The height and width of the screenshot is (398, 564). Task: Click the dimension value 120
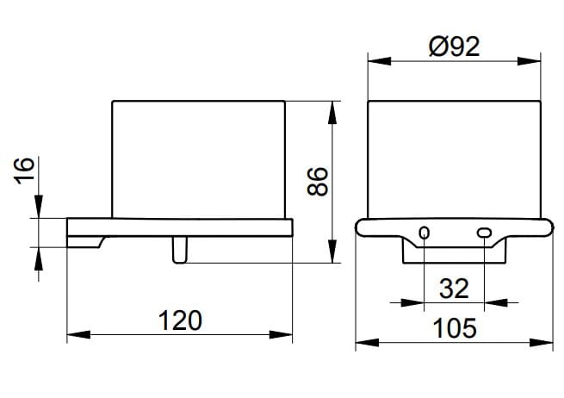180,320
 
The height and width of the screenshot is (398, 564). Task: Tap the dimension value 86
318,182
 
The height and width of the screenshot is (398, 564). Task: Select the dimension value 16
25,171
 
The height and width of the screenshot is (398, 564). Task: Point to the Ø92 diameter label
455,47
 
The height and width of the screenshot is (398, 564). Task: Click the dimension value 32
454,289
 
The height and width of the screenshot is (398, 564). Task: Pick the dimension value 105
455,328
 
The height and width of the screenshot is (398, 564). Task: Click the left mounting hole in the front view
425,233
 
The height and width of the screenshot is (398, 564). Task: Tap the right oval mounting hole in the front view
484,233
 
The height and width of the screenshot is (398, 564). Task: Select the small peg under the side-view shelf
180,250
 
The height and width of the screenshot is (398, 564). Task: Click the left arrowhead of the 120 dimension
78,334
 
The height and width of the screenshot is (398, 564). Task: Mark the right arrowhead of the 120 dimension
281,334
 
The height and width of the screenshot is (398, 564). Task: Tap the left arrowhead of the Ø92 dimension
379,61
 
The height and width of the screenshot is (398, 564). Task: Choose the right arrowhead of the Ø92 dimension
529,61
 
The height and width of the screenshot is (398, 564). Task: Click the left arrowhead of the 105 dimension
368,343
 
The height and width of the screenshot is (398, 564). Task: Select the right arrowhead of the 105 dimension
541,343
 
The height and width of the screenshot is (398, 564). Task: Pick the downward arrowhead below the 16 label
39,206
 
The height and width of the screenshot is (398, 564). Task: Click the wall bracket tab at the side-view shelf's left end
85,242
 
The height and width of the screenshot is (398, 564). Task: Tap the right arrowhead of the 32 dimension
496,302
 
